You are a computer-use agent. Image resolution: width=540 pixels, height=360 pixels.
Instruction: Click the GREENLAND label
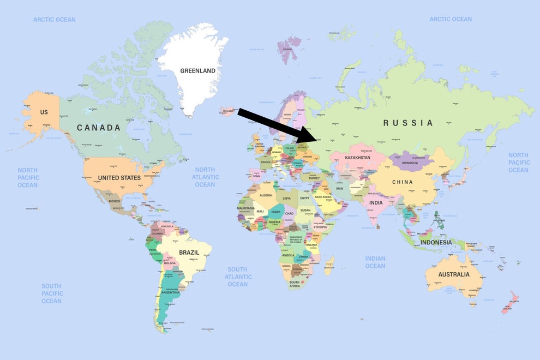tap(197, 71)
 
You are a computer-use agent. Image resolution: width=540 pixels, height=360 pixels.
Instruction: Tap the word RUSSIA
tap(408, 123)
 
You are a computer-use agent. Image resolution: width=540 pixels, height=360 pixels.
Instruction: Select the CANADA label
tap(98, 128)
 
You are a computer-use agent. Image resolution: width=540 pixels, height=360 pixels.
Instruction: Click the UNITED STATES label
tap(119, 178)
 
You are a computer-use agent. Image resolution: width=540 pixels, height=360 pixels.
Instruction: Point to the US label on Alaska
tap(44, 112)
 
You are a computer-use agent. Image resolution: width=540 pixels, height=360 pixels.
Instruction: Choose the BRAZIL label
tap(189, 253)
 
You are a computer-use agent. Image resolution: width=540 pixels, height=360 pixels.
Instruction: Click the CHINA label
tap(403, 182)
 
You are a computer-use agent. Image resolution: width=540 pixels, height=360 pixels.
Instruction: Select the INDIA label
tap(376, 202)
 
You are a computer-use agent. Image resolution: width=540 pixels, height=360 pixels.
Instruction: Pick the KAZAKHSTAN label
tap(357, 158)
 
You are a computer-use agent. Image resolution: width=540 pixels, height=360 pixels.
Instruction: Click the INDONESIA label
tap(436, 242)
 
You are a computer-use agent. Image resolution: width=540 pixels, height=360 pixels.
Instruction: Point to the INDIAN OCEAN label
tap(375, 262)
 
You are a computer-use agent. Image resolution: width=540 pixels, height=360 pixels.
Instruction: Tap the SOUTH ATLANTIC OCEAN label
tap(237, 277)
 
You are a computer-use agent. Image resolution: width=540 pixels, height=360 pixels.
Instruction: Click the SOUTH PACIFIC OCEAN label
tap(51, 293)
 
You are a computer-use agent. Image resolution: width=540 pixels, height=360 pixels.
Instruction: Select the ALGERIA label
tap(266, 195)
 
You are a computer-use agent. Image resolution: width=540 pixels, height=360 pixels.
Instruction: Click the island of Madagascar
tap(328, 266)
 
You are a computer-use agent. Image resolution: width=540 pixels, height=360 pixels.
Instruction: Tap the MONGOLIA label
tap(410, 163)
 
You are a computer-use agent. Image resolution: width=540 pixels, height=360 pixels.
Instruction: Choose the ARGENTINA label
tap(170, 292)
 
